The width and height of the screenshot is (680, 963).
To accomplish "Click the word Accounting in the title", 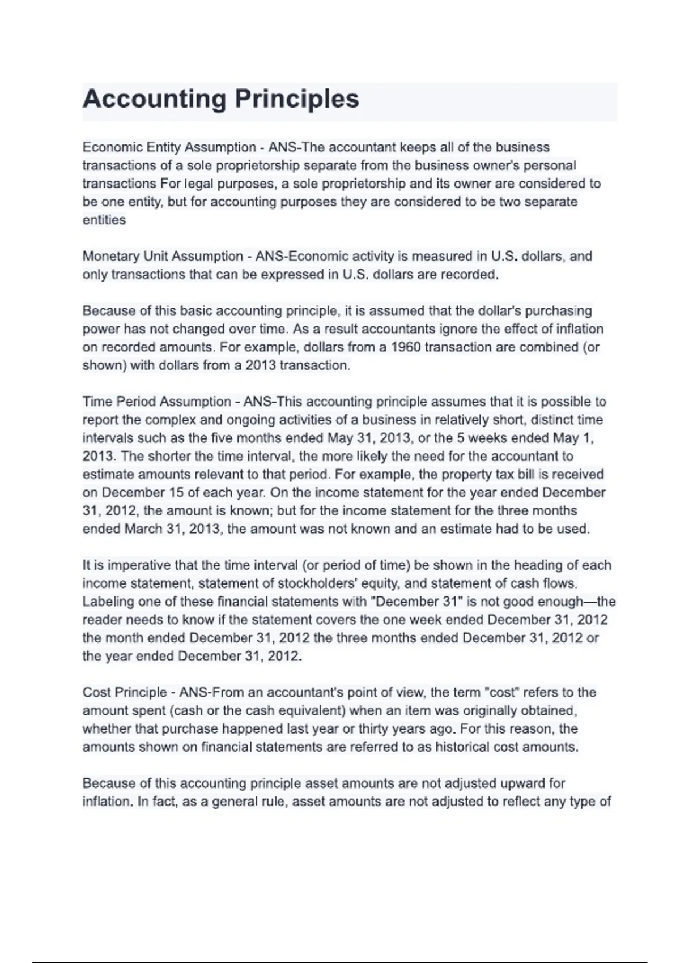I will point(154,100).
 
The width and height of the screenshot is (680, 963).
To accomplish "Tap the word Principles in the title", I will point(297,100).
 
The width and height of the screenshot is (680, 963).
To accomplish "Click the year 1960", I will point(405,347).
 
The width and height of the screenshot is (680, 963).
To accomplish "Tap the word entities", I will point(104,220).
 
